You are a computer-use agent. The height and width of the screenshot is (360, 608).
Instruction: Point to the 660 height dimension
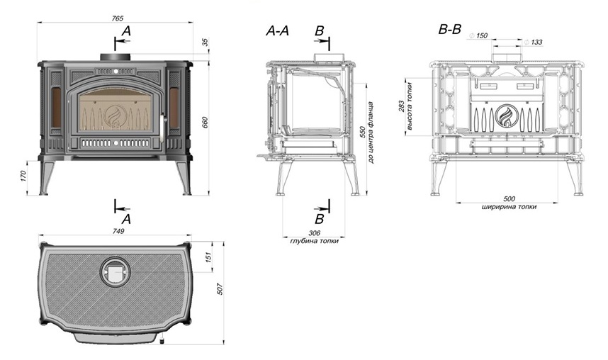pos(205,122)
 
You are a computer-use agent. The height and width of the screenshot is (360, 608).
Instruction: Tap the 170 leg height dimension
pos(23,176)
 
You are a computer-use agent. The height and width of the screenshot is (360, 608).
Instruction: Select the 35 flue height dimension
pos(205,42)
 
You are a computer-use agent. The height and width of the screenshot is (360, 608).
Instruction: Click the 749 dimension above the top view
pos(118,231)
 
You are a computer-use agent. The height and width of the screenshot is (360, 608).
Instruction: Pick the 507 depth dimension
pos(220,289)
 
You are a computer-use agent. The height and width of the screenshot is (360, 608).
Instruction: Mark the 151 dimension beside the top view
pos(208,257)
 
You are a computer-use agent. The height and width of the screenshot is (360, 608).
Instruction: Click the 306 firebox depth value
pos(314,233)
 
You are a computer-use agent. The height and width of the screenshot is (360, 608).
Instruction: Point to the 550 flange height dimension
pos(363,133)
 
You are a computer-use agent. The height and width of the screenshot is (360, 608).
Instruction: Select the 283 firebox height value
pos(401,106)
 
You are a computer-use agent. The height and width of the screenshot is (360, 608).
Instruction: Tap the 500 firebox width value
pos(510,199)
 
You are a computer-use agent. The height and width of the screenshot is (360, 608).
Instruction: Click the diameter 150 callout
pos(478,35)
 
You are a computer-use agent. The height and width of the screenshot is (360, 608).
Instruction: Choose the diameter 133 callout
pos(533,42)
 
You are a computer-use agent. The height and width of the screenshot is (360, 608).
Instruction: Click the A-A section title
pos(277,30)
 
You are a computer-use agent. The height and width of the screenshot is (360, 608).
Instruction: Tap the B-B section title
pos(450,29)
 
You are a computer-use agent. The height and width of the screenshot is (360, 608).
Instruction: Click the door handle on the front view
pos(162,124)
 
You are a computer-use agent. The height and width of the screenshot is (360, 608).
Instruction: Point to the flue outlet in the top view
pos(116,272)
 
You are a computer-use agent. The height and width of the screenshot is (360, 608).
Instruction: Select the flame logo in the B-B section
pos(507,116)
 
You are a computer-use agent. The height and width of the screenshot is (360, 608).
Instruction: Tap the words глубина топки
pos(314,241)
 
